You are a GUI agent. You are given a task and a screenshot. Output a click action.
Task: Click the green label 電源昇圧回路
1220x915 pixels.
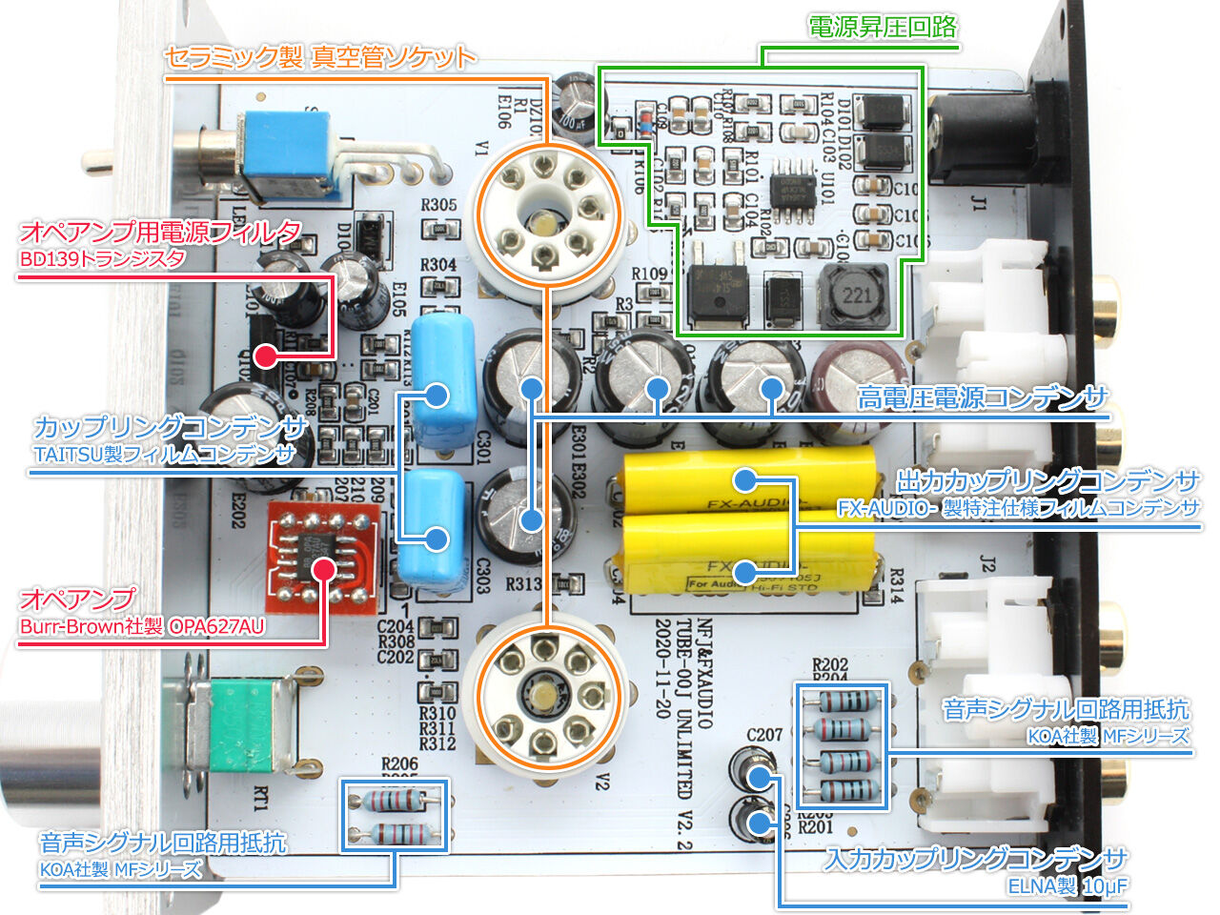pyautogui.click(x=882, y=27)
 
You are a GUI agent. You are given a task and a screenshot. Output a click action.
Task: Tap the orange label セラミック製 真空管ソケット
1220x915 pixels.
pyautogui.click(x=319, y=57)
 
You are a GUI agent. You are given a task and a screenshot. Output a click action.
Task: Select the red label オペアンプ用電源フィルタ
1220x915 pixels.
pyautogui.click(x=160, y=232)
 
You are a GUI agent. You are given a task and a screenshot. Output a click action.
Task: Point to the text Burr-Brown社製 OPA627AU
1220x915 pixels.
pyautogui.click(x=142, y=626)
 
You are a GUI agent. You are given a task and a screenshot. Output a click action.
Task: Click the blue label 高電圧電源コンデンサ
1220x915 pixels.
pyautogui.click(x=982, y=397)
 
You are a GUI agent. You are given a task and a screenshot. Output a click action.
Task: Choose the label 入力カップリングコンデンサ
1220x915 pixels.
pyautogui.click(x=976, y=859)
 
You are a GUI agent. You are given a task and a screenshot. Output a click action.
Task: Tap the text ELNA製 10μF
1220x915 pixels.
pyautogui.click(x=1067, y=886)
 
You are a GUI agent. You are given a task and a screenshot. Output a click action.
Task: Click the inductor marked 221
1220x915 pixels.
pyautogui.click(x=856, y=296)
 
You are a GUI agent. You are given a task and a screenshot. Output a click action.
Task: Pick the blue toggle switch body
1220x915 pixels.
pyautogui.click(x=286, y=152)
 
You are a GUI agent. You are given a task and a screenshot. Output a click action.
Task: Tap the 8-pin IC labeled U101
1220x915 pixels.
pyautogui.click(x=793, y=186)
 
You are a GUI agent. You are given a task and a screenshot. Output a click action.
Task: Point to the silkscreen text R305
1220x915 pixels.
pyautogui.click(x=438, y=204)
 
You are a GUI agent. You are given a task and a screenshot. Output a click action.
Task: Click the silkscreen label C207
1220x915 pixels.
pyautogui.click(x=764, y=734)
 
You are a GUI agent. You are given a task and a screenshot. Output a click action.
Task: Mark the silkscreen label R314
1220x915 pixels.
pyautogui.click(x=896, y=585)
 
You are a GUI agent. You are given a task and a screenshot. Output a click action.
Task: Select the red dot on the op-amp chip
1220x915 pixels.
pyautogui.click(x=324, y=570)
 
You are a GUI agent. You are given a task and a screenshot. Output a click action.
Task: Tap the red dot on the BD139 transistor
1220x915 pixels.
pyautogui.click(x=266, y=357)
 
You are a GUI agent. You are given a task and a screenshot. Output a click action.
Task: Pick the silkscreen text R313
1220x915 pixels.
pyautogui.click(x=523, y=583)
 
